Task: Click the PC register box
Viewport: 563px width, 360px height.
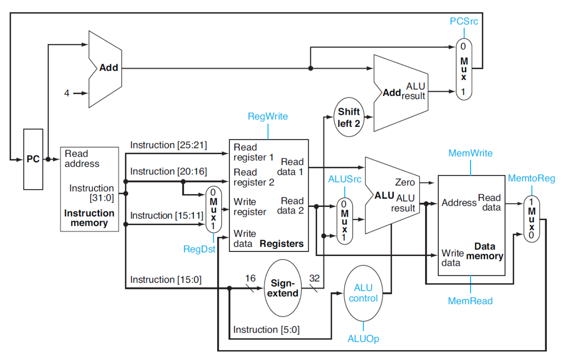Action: [x=33, y=159]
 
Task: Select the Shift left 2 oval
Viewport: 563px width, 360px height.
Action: [x=349, y=117]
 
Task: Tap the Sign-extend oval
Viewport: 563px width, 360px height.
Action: [x=283, y=288]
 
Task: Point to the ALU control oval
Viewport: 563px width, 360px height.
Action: [x=363, y=293]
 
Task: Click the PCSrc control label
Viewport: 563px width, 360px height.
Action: [x=464, y=21]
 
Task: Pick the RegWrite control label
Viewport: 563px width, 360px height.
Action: [x=268, y=116]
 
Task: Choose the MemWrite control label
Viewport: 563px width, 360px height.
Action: [x=471, y=153]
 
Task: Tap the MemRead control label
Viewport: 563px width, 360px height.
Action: [x=470, y=301]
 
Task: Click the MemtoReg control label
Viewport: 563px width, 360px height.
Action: [x=532, y=178]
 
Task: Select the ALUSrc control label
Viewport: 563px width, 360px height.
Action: [x=345, y=179]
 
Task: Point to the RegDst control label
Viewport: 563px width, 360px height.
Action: [x=199, y=249]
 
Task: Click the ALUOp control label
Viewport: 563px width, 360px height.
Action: [x=363, y=339]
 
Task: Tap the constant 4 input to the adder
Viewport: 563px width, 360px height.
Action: [x=66, y=93]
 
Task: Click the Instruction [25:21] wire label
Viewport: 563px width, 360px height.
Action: [x=168, y=145]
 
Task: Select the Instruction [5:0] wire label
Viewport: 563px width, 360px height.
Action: [x=266, y=329]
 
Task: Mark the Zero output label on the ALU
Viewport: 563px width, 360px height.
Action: [x=405, y=182]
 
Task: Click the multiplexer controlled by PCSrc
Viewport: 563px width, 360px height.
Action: [x=464, y=69]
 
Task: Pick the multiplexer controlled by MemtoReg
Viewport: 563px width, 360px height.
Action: [x=532, y=219]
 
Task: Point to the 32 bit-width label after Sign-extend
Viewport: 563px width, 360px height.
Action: [x=315, y=278]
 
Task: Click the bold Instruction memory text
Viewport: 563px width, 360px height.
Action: [x=89, y=218]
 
